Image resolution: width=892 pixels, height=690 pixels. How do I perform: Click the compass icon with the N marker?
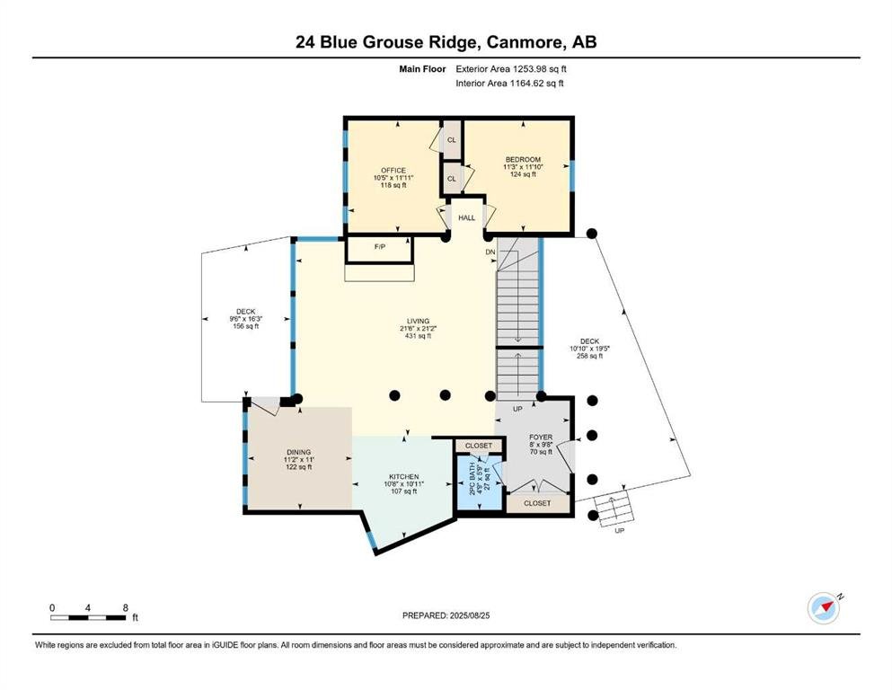point(824,608)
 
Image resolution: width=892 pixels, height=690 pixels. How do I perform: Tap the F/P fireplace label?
point(380,246)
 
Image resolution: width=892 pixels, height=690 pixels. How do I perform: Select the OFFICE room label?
point(393,170)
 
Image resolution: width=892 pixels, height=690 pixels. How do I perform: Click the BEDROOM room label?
point(524,159)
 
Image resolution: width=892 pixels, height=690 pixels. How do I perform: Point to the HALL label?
point(466,217)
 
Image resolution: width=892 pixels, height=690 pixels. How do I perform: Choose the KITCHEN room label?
point(404,477)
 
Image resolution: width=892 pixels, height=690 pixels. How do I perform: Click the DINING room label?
point(298,452)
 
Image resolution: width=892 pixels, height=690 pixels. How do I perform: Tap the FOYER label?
point(541,438)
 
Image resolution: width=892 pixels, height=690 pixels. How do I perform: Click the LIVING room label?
point(418,321)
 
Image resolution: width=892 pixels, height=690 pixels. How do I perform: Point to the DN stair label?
point(490,252)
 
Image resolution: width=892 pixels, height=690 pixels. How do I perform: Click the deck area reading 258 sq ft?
point(590,356)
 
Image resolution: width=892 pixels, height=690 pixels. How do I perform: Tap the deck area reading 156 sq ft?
point(246,326)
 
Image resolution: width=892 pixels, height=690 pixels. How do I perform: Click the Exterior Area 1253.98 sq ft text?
point(511,69)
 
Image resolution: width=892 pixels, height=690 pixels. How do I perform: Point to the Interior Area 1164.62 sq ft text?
point(509,83)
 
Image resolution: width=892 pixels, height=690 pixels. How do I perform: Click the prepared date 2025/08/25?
point(469,615)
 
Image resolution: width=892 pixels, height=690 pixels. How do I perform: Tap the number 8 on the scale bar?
point(125,607)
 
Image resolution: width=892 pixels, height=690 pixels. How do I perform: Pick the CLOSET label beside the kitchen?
point(479,446)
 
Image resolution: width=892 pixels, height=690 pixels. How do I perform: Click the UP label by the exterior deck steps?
point(620,530)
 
